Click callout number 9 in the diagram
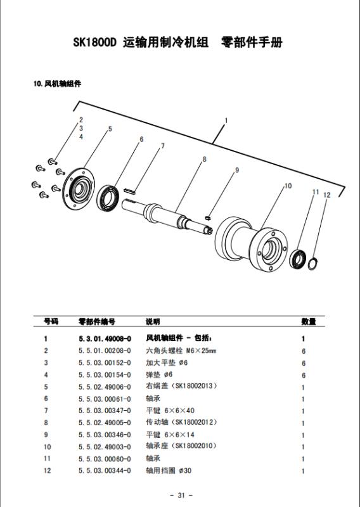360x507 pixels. [237, 170]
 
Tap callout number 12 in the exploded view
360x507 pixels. [326, 195]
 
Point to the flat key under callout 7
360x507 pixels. [130, 189]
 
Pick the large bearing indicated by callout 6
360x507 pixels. [108, 198]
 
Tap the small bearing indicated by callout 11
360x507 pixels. [297, 259]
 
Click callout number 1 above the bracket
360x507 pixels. [226, 120]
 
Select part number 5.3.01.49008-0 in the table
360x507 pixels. [105, 338]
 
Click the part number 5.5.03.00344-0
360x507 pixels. [105, 470]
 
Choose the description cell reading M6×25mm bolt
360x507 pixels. [181, 350]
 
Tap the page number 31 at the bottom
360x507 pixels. [181, 495]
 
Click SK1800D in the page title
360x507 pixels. [94, 42]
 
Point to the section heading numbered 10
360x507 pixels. [57, 84]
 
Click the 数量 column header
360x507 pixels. [308, 321]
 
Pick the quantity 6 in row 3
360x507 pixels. [304, 363]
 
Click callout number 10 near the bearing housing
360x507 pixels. [288, 186]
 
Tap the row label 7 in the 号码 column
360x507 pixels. [46, 411]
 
